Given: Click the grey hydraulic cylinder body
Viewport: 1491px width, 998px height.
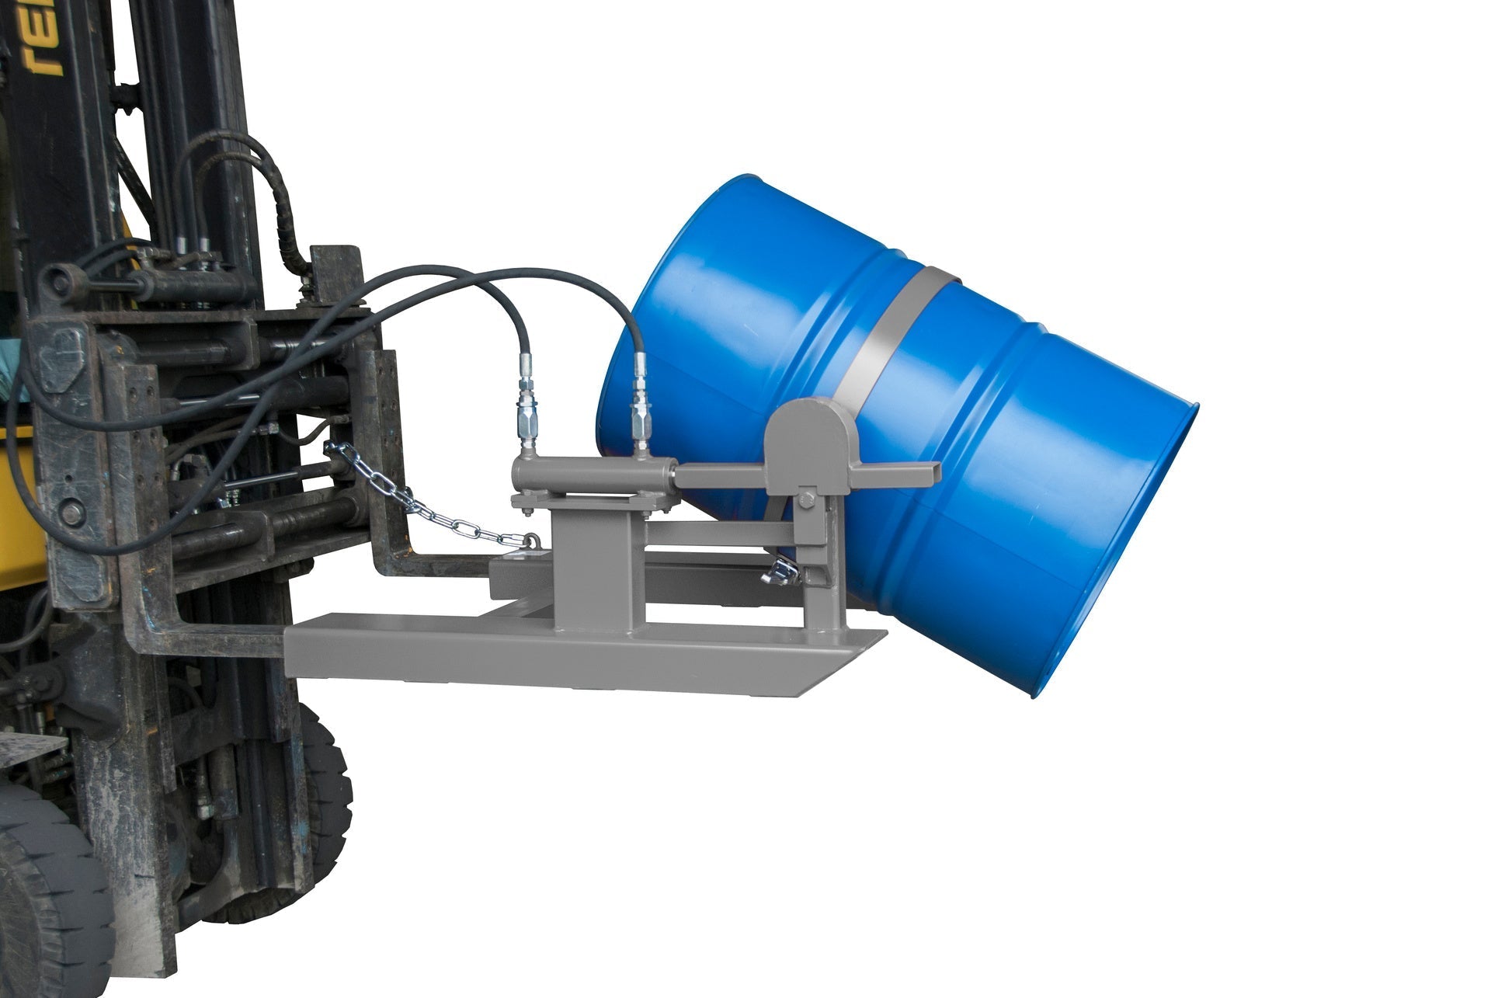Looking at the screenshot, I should (590, 474).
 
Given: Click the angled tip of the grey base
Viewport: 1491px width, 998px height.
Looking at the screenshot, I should (870, 645).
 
